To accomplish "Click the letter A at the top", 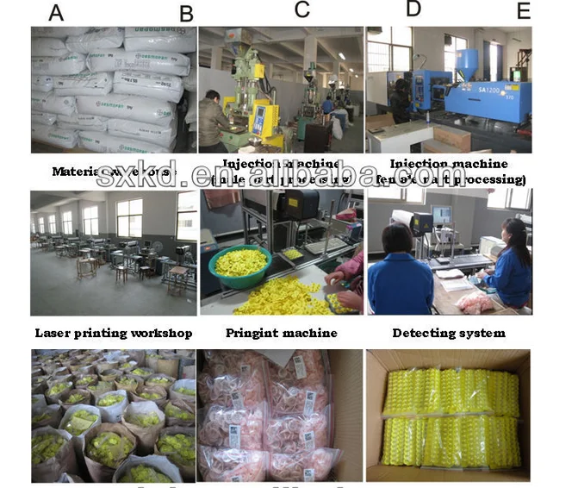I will [56, 13].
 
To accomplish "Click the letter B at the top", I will [186, 14].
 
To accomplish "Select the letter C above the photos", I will [301, 9].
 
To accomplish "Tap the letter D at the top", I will [413, 9].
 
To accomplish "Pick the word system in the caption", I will [482, 333].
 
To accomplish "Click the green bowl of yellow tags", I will [239, 262].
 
